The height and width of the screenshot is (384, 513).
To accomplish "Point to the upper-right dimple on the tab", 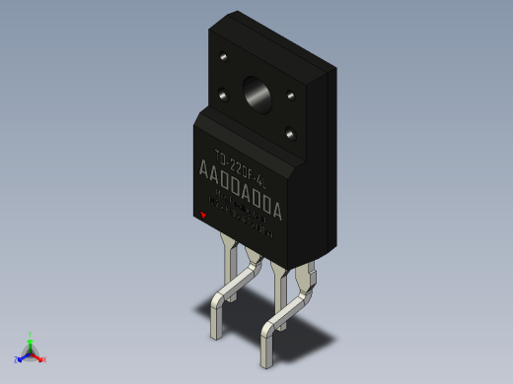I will (292, 96).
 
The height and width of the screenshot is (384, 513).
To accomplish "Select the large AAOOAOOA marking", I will (241, 184).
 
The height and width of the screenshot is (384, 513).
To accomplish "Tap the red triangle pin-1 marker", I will (203, 215).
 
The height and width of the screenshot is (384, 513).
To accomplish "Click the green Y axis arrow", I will (30, 343).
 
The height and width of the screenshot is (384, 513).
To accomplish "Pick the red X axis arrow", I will (37, 356).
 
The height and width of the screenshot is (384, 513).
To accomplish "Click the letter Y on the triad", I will (30, 334).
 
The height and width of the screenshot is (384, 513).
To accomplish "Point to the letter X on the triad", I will (44, 359).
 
